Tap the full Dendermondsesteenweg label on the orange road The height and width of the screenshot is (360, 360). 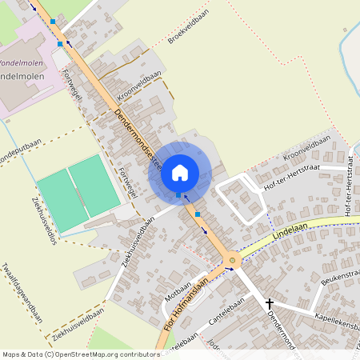pos(139,138)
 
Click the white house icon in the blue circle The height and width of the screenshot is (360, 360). pos(180,171)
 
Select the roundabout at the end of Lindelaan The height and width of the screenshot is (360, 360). pos(233,259)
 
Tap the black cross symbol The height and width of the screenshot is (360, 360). pos(270,303)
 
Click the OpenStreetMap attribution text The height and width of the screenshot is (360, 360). pos(80,354)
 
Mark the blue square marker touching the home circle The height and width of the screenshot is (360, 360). pos(178,195)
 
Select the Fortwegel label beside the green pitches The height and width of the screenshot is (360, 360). pos(126,182)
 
